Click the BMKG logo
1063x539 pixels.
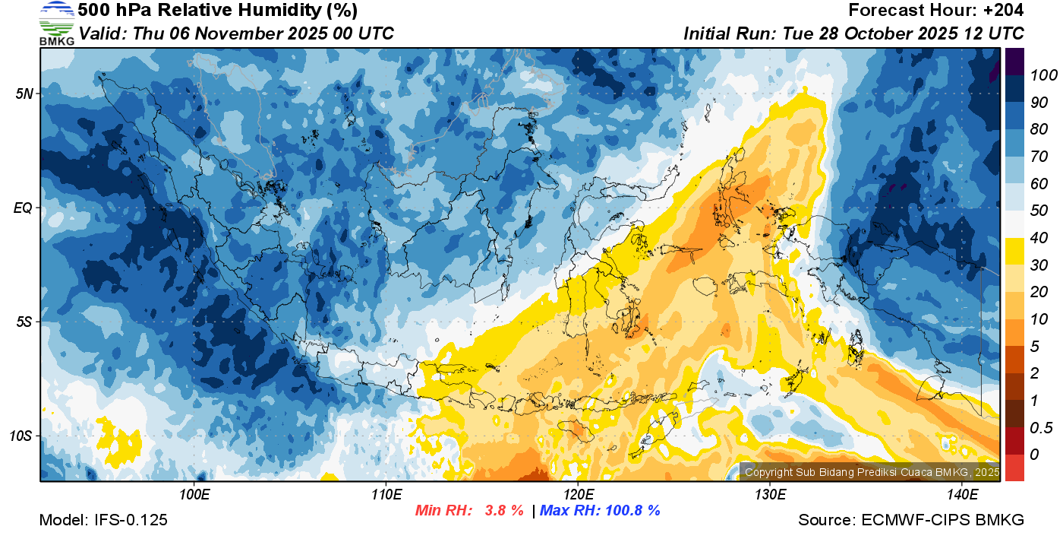57,23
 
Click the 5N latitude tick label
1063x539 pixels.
24,94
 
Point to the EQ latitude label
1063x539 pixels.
24,208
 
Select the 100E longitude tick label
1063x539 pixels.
194,494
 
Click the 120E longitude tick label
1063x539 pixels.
578,494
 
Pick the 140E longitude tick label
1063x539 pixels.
962,494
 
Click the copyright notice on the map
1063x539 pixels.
872,472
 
